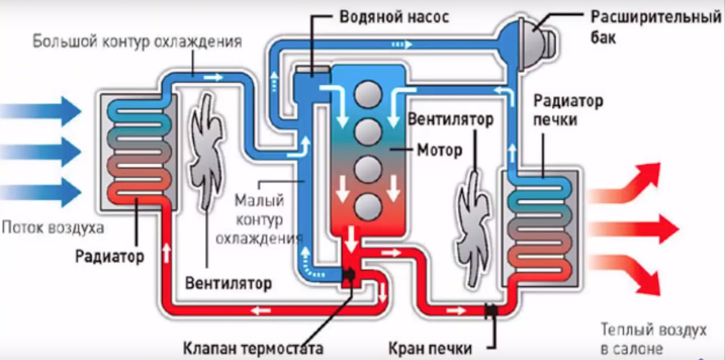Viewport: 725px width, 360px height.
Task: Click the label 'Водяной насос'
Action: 394,17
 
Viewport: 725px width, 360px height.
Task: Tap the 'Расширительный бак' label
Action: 656,27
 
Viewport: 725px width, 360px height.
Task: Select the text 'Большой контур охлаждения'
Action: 137,42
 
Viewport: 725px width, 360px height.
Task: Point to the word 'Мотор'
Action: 439,151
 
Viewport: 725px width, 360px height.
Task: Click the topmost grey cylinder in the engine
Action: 368,95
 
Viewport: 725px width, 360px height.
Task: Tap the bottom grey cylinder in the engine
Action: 368,207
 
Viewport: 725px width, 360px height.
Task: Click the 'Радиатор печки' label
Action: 568,110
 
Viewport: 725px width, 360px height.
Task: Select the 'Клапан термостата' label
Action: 253,349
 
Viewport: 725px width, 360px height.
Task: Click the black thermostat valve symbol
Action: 349,275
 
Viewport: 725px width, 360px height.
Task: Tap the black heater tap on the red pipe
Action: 491,311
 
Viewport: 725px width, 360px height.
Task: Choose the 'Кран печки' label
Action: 430,349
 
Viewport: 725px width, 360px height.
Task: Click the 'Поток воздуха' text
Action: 53,228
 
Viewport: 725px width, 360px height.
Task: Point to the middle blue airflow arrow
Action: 40,152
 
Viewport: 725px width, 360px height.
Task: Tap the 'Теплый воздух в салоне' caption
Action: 653,339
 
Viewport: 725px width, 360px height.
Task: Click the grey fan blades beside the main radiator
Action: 206,152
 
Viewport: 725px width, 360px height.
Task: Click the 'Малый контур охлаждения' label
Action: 259,219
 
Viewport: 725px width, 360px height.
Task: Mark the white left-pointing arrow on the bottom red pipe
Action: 261,311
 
